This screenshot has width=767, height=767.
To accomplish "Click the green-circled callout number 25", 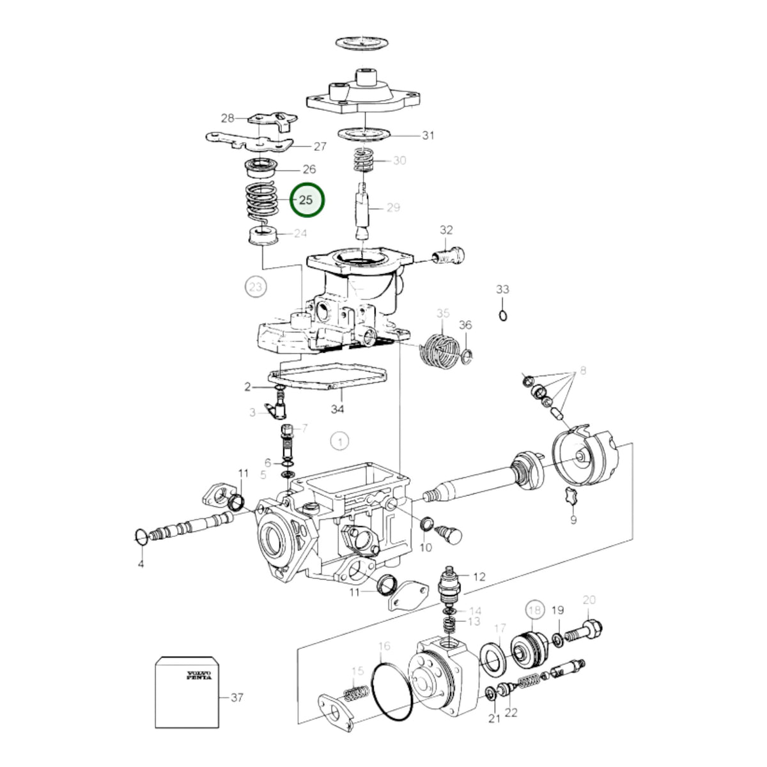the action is (306, 200).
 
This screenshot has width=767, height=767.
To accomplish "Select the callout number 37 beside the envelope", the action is (237, 698).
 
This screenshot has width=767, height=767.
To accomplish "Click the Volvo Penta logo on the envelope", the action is (199, 676).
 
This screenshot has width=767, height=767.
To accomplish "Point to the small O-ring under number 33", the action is (503, 316).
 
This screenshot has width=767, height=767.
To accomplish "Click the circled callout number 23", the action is (256, 286).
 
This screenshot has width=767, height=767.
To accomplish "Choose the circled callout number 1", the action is (340, 442).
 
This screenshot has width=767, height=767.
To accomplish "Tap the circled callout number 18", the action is (536, 609).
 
